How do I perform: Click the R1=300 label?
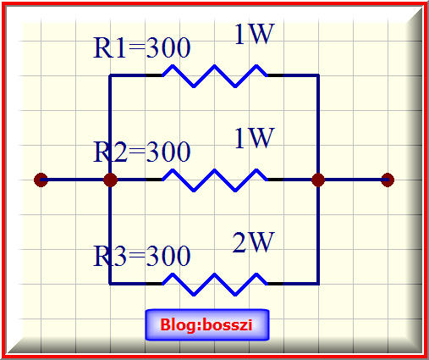[142, 48]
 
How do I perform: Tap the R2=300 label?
[142, 152]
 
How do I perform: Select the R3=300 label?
[142, 256]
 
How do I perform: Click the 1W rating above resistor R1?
[255, 34]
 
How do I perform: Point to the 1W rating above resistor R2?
[255, 138]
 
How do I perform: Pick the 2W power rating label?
[253, 242]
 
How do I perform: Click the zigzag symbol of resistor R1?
[215, 75]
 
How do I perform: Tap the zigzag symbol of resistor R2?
[215, 180]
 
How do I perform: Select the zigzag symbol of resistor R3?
[215, 284]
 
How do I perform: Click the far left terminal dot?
[41, 180]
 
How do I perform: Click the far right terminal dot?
[388, 180]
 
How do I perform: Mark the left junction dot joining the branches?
[110, 180]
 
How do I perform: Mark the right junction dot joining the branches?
[318, 180]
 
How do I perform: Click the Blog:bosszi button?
[207, 324]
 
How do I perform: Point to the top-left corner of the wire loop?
[110, 75]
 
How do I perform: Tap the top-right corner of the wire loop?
[318, 75]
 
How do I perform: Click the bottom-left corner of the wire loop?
[110, 284]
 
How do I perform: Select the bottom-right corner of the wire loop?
[318, 284]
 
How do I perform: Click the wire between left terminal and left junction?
[75, 180]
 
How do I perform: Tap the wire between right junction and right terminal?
[353, 180]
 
